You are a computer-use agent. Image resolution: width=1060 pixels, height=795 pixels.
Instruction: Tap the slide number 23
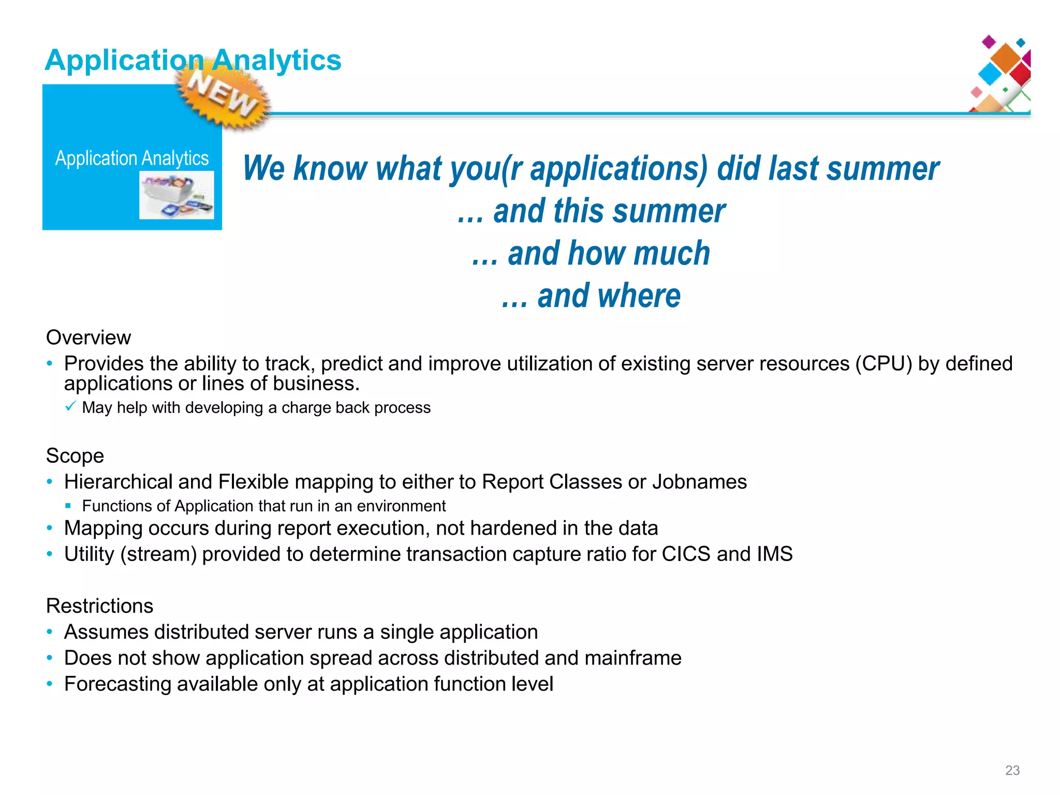click(x=1012, y=770)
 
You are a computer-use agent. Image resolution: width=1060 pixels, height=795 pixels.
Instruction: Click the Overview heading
click(x=89, y=337)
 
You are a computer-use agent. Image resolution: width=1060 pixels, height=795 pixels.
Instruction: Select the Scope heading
click(x=75, y=456)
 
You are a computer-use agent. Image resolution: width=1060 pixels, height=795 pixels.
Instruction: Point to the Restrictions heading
click(x=99, y=606)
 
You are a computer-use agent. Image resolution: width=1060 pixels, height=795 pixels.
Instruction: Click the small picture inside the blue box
click(x=176, y=195)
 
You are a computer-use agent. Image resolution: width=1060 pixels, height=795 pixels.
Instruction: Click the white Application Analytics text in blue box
click(x=132, y=158)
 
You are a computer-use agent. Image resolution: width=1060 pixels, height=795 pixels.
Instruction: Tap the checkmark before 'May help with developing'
click(x=71, y=406)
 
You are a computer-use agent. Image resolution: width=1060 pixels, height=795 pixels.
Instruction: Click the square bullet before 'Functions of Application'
click(x=68, y=506)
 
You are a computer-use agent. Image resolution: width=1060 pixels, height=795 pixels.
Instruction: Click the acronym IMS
click(x=774, y=554)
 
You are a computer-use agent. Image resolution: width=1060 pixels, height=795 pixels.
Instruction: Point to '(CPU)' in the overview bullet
click(x=884, y=364)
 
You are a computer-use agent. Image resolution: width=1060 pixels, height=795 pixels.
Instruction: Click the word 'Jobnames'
click(x=699, y=482)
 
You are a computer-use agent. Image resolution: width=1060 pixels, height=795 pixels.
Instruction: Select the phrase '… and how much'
click(x=591, y=254)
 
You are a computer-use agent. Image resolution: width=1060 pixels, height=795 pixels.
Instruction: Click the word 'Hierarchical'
click(x=118, y=482)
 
